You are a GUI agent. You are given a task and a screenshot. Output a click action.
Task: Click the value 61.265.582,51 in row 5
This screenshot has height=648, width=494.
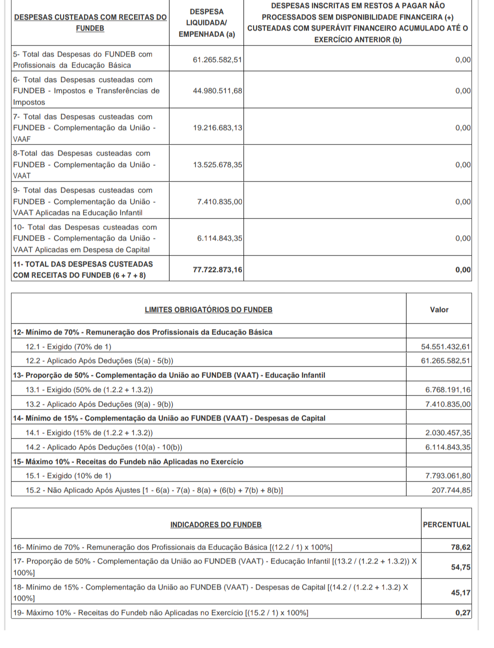[x=217, y=60]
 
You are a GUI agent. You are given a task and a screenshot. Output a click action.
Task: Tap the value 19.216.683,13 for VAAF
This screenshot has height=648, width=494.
[x=217, y=128]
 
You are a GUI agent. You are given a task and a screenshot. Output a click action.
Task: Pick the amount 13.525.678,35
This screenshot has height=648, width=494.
[x=217, y=165]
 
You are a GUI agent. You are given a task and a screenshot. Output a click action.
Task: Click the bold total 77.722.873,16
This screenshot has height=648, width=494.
[x=217, y=270]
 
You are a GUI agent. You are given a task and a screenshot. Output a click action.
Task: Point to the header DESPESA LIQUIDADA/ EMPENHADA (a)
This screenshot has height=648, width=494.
[x=206, y=23]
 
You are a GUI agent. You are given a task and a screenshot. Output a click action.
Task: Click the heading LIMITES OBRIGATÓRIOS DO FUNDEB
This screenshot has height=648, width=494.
[x=208, y=310]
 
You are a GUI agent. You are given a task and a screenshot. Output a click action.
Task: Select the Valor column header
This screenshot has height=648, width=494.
[x=439, y=310]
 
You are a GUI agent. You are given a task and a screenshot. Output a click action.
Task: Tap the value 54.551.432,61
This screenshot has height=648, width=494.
[x=445, y=346]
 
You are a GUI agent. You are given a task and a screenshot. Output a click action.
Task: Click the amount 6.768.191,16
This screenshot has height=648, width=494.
[x=448, y=390]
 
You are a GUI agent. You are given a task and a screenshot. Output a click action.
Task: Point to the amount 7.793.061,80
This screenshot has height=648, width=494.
[x=448, y=476]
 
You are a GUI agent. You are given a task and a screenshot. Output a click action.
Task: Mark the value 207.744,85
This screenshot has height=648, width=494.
[x=451, y=490]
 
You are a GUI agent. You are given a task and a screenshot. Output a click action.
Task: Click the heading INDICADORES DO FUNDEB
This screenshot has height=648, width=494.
[x=216, y=525]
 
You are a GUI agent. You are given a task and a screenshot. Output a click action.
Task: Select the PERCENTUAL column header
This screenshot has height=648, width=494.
[x=446, y=525]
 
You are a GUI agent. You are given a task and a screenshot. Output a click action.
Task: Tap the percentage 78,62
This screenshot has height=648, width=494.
[x=460, y=547]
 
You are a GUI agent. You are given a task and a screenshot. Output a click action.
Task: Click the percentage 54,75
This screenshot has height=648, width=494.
[x=460, y=567]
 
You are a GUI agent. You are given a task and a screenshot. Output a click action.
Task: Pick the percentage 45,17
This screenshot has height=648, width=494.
[x=460, y=593]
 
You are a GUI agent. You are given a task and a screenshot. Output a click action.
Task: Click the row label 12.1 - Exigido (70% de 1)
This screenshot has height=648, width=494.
[x=68, y=347]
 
